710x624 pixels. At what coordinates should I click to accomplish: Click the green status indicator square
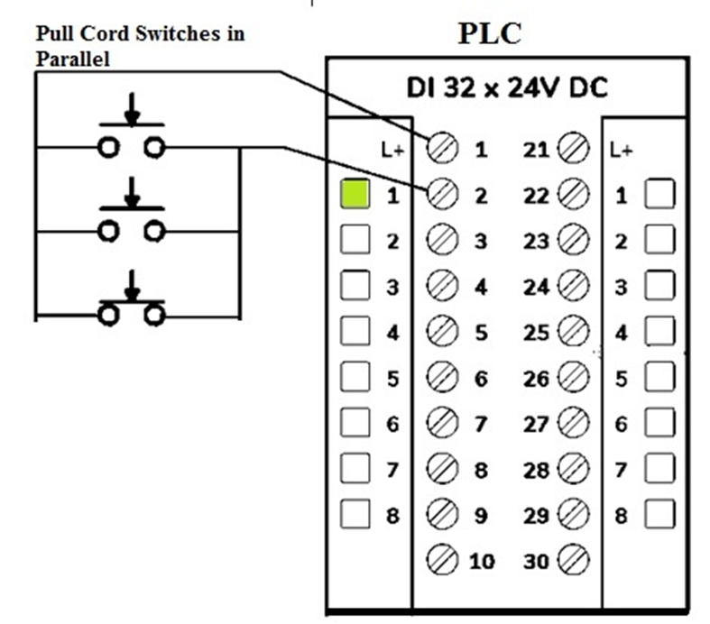pyautogui.click(x=355, y=194)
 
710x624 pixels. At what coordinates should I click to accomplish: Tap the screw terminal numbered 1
pyautogui.click(x=442, y=148)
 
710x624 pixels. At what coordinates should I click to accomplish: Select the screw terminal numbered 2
pyautogui.click(x=442, y=194)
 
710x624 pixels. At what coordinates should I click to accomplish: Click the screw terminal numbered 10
pyautogui.click(x=442, y=559)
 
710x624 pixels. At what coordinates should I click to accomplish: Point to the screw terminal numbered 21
pyautogui.click(x=573, y=148)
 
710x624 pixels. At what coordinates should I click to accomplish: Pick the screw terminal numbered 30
pyautogui.click(x=573, y=559)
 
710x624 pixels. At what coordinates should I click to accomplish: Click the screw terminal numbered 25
pyautogui.click(x=573, y=331)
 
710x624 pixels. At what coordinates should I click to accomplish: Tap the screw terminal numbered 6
pyautogui.click(x=442, y=377)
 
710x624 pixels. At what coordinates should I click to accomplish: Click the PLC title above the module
pyautogui.click(x=490, y=33)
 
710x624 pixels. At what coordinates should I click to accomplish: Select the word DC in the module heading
pyautogui.click(x=588, y=87)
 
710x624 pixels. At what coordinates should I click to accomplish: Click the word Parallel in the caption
pyautogui.click(x=73, y=59)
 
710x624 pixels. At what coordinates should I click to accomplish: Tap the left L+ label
pyautogui.click(x=392, y=150)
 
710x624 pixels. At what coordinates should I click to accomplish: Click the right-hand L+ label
pyautogui.click(x=621, y=150)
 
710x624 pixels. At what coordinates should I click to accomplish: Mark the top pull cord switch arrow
pyautogui.click(x=132, y=108)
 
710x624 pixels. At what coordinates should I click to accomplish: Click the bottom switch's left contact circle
pyautogui.click(x=108, y=316)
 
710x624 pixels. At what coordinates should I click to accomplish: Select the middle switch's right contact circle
pyautogui.click(x=155, y=232)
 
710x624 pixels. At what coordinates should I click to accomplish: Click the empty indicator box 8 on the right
pyautogui.click(x=659, y=514)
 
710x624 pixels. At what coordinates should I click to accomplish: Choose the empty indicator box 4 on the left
pyautogui.click(x=355, y=331)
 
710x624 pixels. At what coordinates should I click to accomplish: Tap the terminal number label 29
pyautogui.click(x=536, y=516)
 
